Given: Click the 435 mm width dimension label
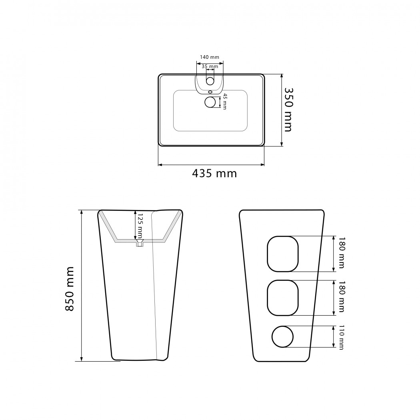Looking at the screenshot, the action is click(x=214, y=174).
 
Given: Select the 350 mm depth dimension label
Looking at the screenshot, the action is click(x=288, y=110).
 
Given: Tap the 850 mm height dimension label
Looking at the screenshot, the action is click(x=69, y=289).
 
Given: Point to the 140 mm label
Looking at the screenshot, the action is click(x=210, y=57).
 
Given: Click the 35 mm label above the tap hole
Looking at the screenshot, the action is click(x=210, y=66).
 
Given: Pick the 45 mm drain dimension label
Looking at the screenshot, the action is click(x=224, y=102).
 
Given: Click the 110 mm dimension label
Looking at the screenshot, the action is click(x=341, y=337).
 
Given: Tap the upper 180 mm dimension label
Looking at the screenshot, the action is click(x=341, y=253).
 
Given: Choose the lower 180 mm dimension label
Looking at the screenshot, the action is click(x=341, y=297).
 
